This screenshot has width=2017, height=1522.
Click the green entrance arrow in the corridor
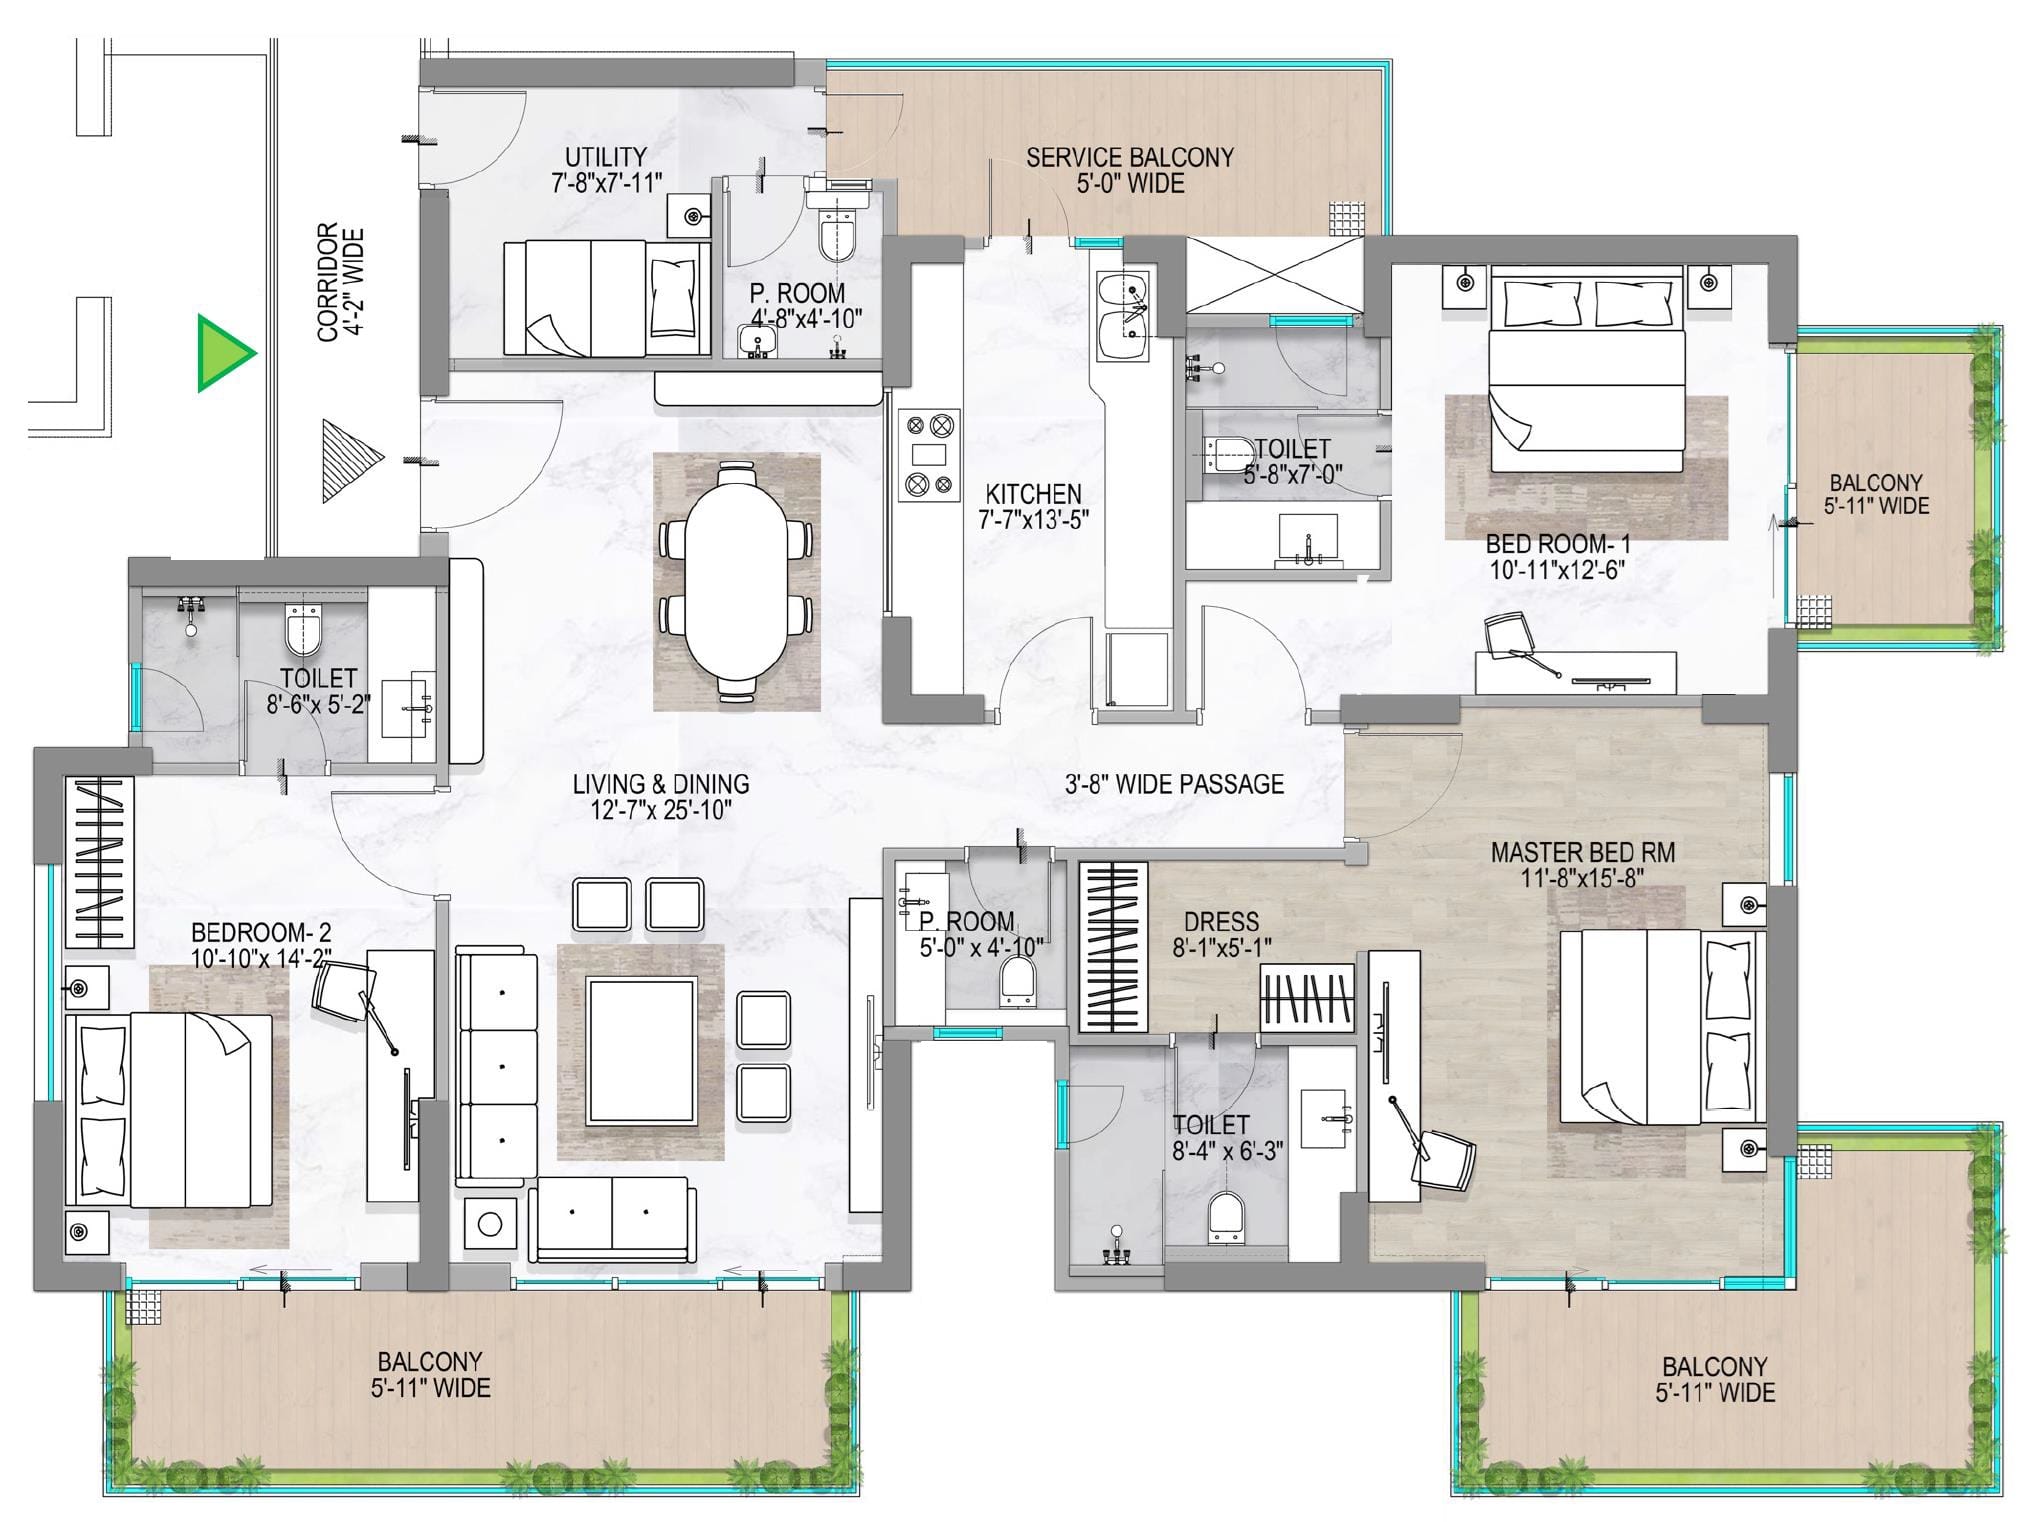[x=222, y=352]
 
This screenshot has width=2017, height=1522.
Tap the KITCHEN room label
[x=1033, y=493]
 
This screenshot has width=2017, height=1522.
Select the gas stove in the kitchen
[x=927, y=455]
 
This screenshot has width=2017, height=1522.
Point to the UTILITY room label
[x=606, y=157]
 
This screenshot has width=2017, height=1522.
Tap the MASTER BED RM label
[x=1582, y=853]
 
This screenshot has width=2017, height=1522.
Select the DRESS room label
[x=1221, y=921]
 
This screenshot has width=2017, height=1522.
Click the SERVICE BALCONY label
[x=1130, y=157]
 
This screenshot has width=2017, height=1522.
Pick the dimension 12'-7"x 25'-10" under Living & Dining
[x=661, y=810]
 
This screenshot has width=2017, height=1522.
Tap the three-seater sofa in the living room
[x=497, y=1067]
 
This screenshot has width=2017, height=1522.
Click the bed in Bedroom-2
[x=169, y=1110]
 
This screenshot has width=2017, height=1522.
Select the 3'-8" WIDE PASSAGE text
[x=1174, y=784]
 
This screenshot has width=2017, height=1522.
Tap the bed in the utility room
[x=606, y=297]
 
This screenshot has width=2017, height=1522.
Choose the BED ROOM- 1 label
[x=1558, y=545]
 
